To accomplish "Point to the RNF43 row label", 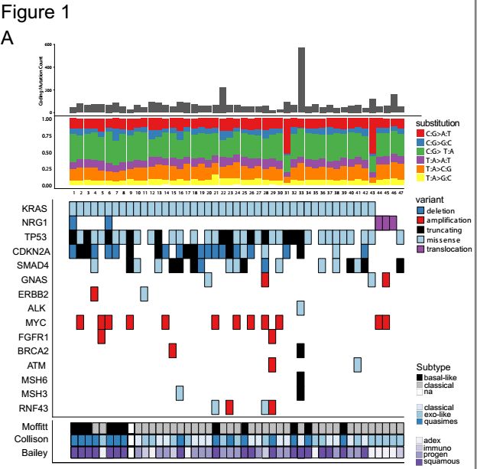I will point(33,406).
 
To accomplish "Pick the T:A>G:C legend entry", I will point(443,178).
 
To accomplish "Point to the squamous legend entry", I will point(445,462).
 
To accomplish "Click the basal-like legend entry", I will point(443,377).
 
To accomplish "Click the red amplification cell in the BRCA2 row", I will point(173,350).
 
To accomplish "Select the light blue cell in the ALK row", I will point(301,307).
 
